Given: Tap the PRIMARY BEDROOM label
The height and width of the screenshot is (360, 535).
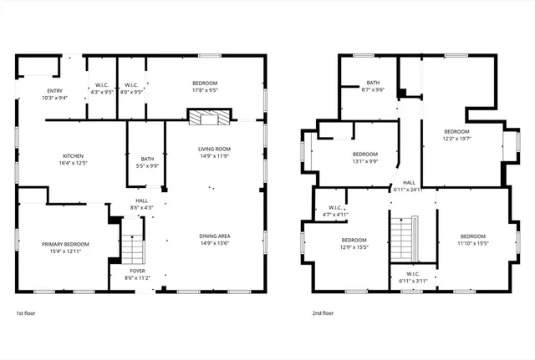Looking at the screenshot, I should pyautogui.click(x=65, y=243).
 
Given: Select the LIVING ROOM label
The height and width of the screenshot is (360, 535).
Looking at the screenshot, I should pyautogui.click(x=214, y=149).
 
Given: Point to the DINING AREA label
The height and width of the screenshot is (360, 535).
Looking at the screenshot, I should pyautogui.click(x=214, y=236).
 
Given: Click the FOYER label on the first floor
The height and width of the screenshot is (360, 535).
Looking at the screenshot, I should pyautogui.click(x=137, y=271).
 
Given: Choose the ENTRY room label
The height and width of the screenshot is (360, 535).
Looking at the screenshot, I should pyautogui.click(x=31, y=90).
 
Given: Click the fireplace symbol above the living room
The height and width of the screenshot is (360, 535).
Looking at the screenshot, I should pyautogui.click(x=206, y=119).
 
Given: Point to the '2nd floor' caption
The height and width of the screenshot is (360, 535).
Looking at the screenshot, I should pyautogui.click(x=323, y=313).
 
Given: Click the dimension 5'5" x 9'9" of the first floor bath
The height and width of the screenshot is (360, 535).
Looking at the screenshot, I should pyautogui.click(x=147, y=165).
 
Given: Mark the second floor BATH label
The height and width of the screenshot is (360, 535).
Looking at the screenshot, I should pyautogui.click(x=373, y=83).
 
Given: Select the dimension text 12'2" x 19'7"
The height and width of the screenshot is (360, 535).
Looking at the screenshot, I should pyautogui.click(x=456, y=139).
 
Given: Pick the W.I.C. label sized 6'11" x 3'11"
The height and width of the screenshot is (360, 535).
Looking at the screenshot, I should pyautogui.click(x=413, y=281).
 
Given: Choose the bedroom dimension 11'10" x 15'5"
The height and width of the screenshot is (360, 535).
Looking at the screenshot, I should pyautogui.click(x=472, y=243).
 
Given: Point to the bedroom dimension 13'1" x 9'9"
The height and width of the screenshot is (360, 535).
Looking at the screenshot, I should pyautogui.click(x=364, y=161).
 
